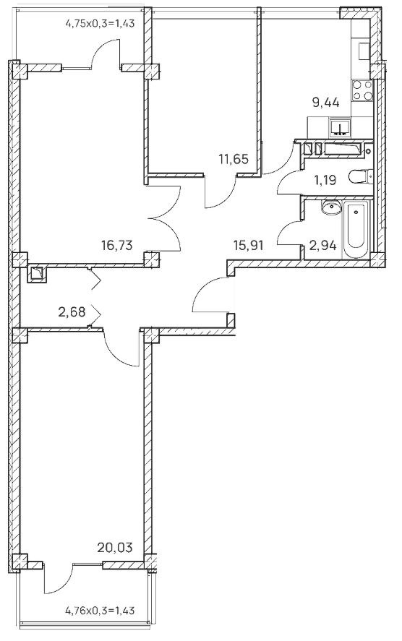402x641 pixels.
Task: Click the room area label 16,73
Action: tap(116, 245)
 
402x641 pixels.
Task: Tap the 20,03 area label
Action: tap(115, 547)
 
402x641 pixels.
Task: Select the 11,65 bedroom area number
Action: tap(234, 158)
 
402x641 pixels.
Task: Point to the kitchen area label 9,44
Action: tap(326, 103)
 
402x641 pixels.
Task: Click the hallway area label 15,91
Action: tap(248, 245)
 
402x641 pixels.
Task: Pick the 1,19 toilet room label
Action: tap(325, 179)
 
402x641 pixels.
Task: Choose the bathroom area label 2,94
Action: tap(323, 246)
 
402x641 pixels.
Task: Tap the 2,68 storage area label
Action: tap(72, 312)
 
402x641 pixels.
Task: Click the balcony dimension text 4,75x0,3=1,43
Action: tap(100, 24)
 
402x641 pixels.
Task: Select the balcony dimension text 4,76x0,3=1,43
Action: tap(100, 611)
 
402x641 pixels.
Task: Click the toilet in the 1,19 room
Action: tap(361, 177)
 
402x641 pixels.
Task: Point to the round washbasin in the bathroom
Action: tap(332, 207)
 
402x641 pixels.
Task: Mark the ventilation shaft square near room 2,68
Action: tap(38, 273)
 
